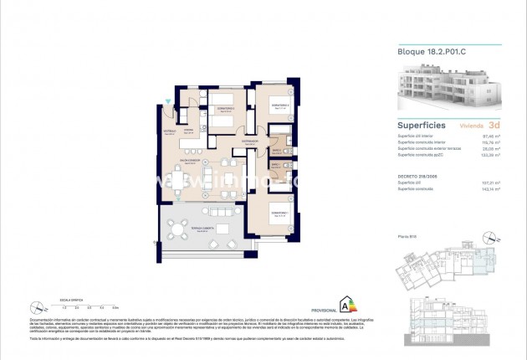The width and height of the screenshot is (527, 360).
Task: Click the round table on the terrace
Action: coord(178,228)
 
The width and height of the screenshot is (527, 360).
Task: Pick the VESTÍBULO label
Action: coord(166,131)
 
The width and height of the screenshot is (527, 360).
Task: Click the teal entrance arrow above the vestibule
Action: coord(171,102)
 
